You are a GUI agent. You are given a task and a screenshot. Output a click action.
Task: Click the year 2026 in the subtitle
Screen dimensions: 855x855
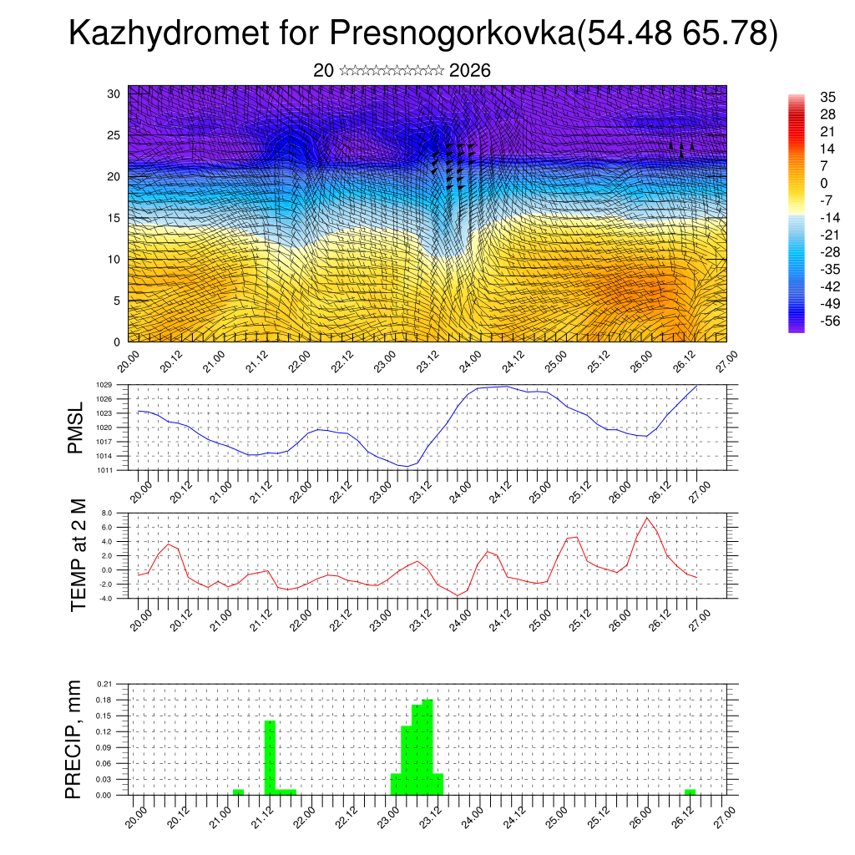click(x=469, y=71)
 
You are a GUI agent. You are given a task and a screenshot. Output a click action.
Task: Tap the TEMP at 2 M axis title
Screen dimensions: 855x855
click(x=78, y=554)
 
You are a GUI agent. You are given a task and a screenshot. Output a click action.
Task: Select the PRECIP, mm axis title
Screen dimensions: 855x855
click(x=74, y=739)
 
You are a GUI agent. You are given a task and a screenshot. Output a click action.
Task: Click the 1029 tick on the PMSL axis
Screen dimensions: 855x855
click(x=104, y=385)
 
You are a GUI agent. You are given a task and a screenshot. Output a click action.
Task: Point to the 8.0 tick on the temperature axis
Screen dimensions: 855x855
click(x=107, y=513)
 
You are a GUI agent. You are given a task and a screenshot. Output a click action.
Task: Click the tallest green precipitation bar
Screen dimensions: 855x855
click(x=427, y=747)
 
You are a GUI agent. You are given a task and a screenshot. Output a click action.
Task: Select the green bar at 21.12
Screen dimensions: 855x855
click(x=270, y=757)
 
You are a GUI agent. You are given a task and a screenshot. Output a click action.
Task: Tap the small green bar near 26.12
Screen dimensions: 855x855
click(x=690, y=792)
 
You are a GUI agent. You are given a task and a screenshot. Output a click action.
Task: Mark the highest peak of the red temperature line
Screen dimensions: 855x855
click(x=647, y=519)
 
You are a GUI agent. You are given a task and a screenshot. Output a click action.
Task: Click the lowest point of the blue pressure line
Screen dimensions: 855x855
click(x=405, y=466)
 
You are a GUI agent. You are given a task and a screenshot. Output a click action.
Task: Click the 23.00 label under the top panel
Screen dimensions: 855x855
click(x=383, y=364)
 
